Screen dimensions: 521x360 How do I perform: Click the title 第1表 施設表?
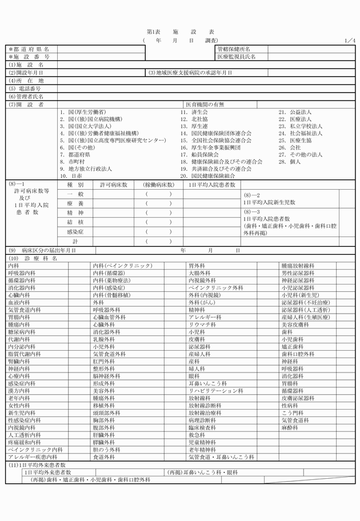180,33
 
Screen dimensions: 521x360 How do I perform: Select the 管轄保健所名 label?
234,49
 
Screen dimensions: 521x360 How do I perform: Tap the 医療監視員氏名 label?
236,57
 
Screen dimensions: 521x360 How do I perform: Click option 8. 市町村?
72,162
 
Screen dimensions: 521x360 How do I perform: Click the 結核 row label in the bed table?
75,222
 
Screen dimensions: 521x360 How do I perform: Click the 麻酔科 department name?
290,427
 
